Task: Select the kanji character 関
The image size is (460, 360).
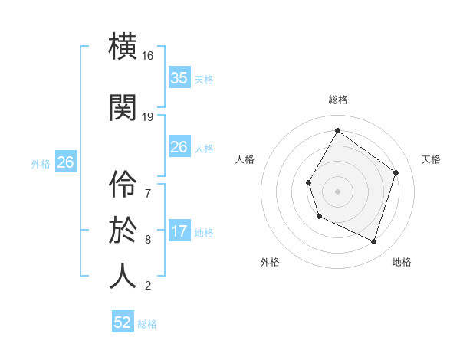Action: pyautogui.click(x=123, y=108)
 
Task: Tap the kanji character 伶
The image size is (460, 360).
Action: pyautogui.click(x=123, y=182)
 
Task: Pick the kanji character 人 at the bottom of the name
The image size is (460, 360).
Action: pyautogui.click(x=123, y=276)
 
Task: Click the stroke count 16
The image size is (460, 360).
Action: pyautogui.click(x=148, y=56)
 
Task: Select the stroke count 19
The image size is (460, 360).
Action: pyautogui.click(x=148, y=117)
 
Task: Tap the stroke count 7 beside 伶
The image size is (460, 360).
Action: pyautogui.click(x=148, y=192)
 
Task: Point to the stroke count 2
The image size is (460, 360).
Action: pyautogui.click(x=148, y=286)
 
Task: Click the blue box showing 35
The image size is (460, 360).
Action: pyautogui.click(x=179, y=78)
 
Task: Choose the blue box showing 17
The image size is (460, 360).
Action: pyautogui.click(x=179, y=231)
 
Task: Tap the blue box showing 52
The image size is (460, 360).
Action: pyautogui.click(x=123, y=322)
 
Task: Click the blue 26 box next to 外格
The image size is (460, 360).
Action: pyautogui.click(x=65, y=162)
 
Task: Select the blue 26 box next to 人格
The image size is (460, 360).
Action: pyautogui.click(x=179, y=147)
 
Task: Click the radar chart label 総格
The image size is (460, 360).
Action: pyautogui.click(x=338, y=100)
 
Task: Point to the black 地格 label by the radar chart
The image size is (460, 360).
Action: pyautogui.click(x=402, y=262)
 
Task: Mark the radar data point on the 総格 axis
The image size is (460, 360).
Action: pyautogui.click(x=338, y=130)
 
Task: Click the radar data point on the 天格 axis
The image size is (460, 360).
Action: pyautogui.click(x=396, y=172)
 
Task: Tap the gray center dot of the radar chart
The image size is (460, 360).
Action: pyautogui.click(x=338, y=191)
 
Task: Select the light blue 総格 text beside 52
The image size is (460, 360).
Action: pyautogui.click(x=147, y=324)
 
